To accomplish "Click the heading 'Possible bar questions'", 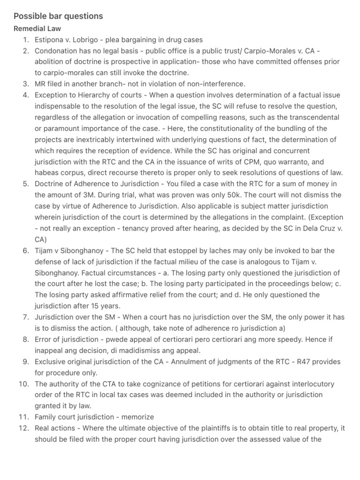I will (58, 16).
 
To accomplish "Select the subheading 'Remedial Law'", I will (37, 29).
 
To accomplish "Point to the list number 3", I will (26, 84).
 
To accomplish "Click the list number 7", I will (26, 317).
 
